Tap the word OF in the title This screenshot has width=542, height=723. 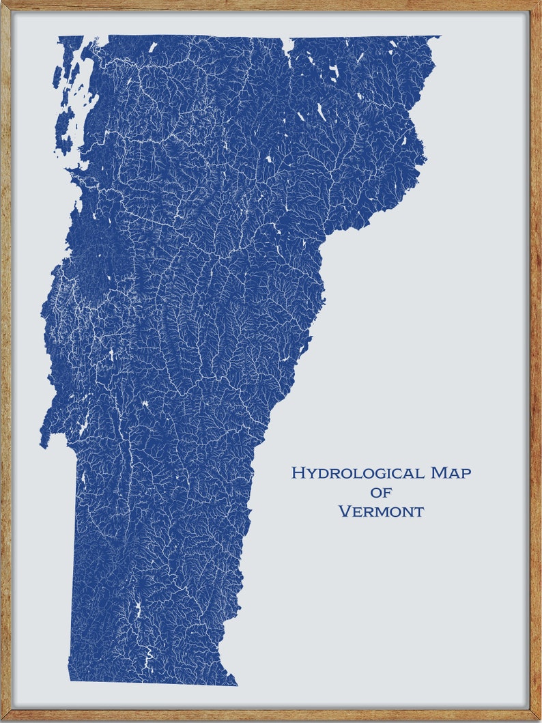tap(382, 492)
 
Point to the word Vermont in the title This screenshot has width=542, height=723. tap(381, 511)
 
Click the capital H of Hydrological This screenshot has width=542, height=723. tap(298, 472)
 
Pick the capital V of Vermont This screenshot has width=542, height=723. tap(345, 511)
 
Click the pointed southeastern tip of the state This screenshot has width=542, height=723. tap(236, 684)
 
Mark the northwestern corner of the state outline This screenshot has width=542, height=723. tap(59, 37)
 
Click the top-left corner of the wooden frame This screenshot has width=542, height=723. tap(2, 2)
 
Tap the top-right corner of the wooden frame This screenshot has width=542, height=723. tap(539, 2)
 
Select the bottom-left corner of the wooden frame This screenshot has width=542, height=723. tap(2, 720)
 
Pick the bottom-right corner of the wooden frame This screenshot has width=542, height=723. tap(539, 720)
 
